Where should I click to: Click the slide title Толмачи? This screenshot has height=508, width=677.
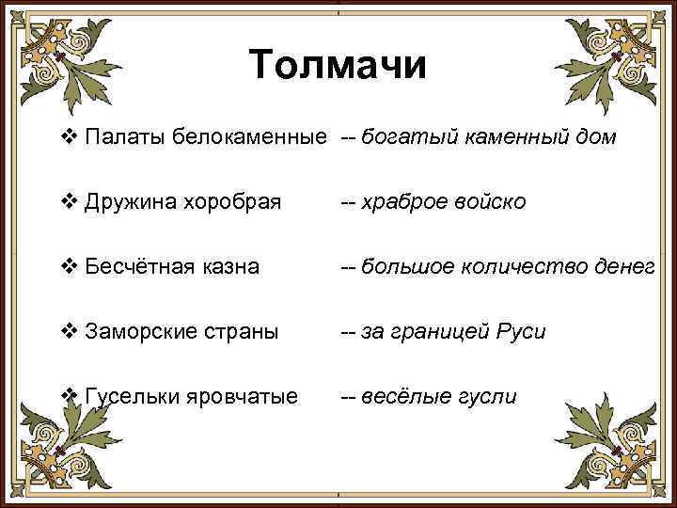click(338, 66)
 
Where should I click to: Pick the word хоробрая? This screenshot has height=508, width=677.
click(228, 202)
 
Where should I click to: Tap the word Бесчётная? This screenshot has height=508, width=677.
click(135, 267)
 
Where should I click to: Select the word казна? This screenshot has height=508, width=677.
click(225, 267)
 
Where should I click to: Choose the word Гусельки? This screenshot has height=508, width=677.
click(129, 396)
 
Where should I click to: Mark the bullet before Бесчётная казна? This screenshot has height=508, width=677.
click(68, 267)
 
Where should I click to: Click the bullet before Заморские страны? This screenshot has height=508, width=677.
click(68, 332)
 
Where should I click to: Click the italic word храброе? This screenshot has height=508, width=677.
click(400, 202)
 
